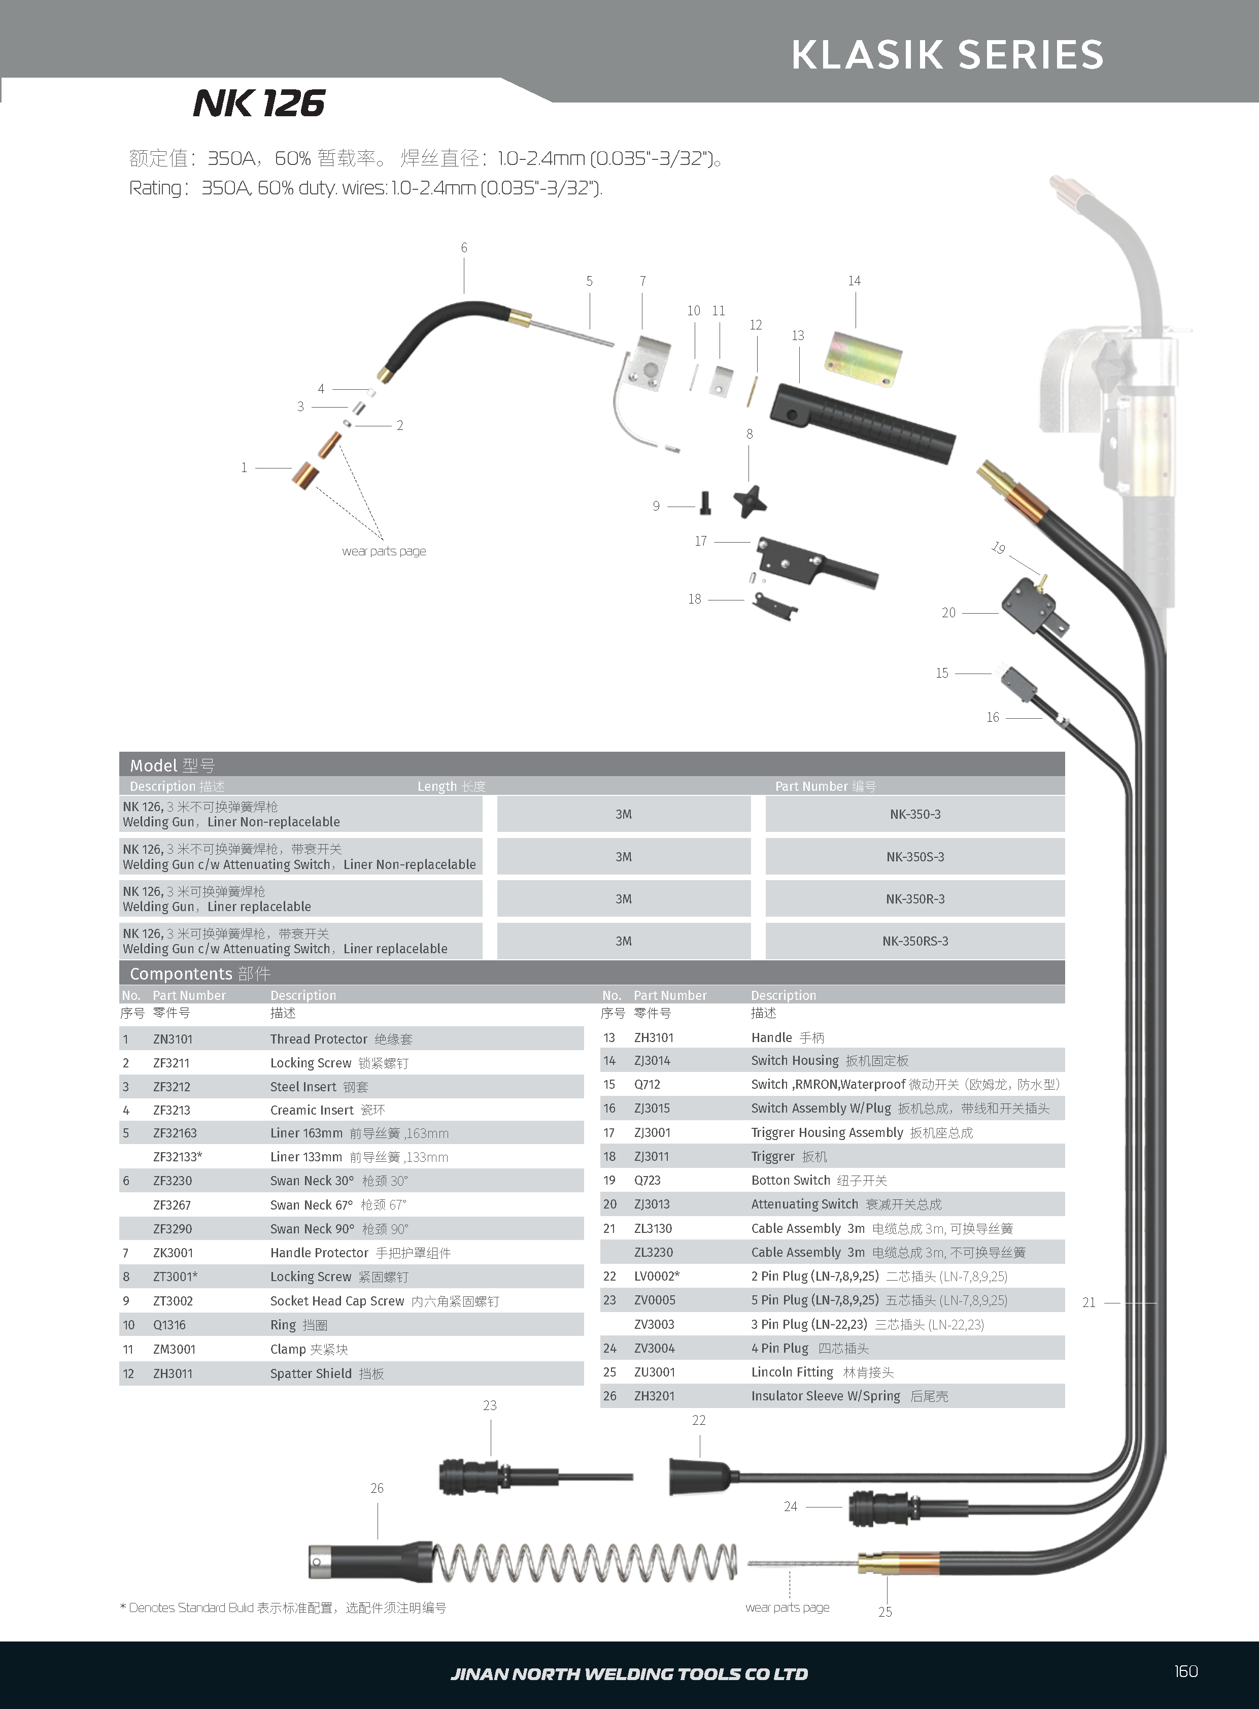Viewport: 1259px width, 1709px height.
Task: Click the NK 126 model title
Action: click(259, 104)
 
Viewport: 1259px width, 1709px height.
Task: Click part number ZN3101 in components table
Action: click(173, 1039)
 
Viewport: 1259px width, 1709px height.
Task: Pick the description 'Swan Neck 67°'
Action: click(312, 1205)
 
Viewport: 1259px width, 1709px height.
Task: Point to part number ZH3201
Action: click(655, 1396)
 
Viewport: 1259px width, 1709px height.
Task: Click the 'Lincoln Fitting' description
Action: click(793, 1372)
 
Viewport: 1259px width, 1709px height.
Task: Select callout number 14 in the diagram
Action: click(855, 281)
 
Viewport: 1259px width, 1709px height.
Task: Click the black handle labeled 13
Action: click(861, 422)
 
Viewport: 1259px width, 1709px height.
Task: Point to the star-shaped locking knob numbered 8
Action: click(751, 501)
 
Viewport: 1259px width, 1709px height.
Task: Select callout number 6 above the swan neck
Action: click(464, 248)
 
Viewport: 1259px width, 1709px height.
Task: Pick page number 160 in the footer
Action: click(1186, 1671)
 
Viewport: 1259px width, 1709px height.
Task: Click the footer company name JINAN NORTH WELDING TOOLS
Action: click(629, 1674)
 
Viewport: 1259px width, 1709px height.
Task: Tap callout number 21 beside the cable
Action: click(1089, 1303)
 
